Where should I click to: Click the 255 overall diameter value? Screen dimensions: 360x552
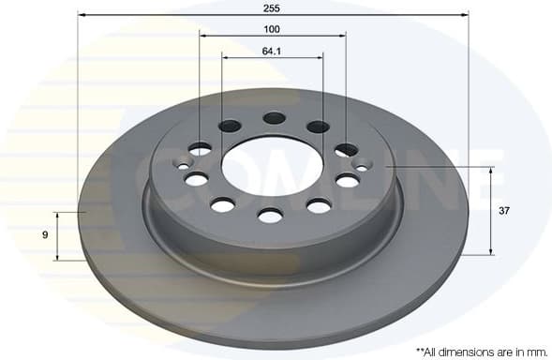pyautogui.click(x=273, y=7)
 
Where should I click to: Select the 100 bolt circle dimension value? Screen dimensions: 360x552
pyautogui.click(x=273, y=28)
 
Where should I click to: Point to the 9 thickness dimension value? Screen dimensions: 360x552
pyautogui.click(x=45, y=235)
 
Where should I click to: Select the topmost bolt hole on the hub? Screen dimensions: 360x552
pyautogui.click(x=274, y=118)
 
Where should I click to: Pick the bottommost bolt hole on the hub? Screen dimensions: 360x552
pyautogui.click(x=270, y=216)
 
